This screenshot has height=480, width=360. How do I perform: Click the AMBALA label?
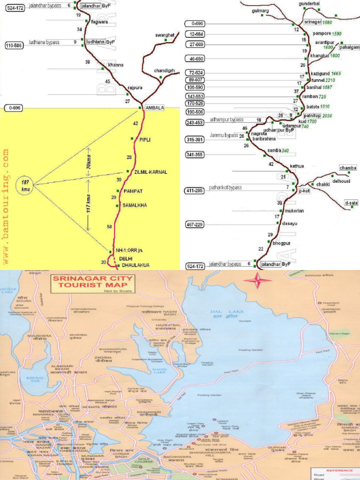coord(155,107)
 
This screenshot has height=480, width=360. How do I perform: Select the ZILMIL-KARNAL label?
coord(150,172)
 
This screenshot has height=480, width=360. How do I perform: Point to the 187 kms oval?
coord(24,184)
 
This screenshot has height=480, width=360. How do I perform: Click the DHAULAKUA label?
coord(135,265)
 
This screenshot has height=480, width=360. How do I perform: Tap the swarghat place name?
coord(165,35)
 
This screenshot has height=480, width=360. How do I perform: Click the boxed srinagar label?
coord(313,22)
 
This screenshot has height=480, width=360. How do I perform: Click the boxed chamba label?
coord(348,168)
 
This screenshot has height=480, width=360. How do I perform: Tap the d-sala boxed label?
coord(351,203)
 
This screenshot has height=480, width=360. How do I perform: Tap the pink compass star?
coord(256,281)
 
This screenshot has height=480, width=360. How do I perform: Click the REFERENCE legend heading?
coord(337,471)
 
